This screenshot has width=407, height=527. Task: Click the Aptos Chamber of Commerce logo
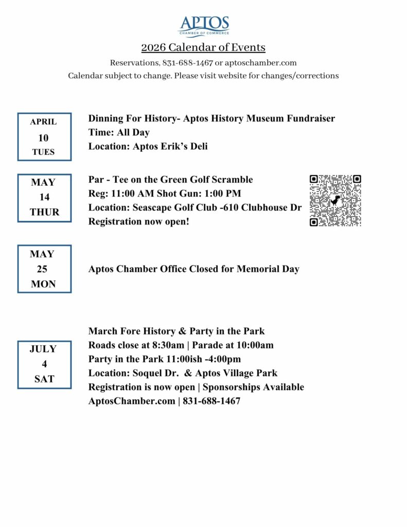pyautogui.click(x=204, y=26)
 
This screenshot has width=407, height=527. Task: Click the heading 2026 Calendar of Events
pyautogui.click(x=203, y=48)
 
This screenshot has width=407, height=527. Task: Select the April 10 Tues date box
pyautogui.click(x=44, y=137)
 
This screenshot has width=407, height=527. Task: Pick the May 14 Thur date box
pyautogui.click(x=44, y=198)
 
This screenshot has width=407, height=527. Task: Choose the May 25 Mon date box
pyautogui.click(x=44, y=269)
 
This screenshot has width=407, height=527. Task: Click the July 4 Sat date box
pyautogui.click(x=44, y=364)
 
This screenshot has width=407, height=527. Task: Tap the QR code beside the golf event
pyautogui.click(x=335, y=201)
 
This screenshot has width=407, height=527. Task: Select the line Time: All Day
pyautogui.click(x=119, y=133)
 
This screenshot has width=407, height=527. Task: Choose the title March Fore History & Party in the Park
pyautogui.click(x=176, y=331)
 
